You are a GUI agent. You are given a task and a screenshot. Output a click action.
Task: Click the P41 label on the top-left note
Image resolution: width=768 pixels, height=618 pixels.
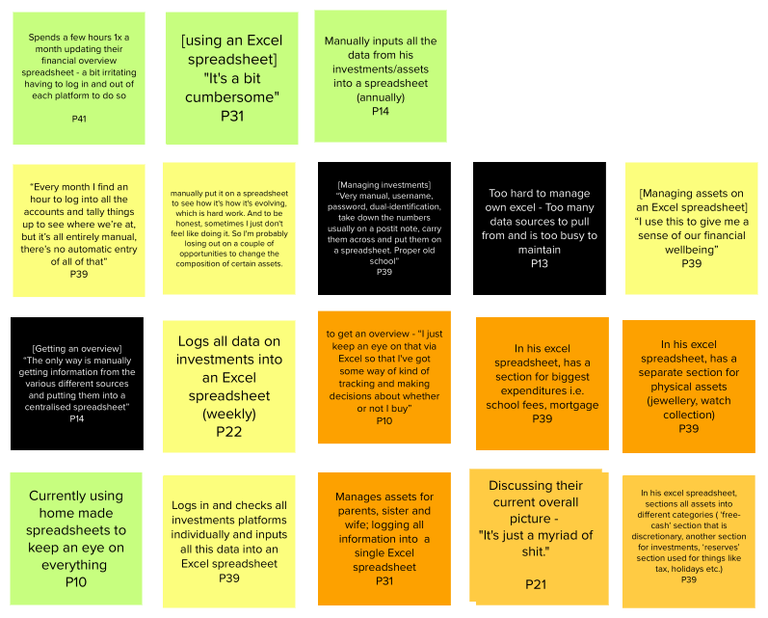79,118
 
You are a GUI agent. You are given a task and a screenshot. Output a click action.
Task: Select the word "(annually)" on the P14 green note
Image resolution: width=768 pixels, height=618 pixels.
380,97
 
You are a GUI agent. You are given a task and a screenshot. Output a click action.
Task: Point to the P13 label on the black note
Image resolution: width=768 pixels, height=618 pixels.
539,264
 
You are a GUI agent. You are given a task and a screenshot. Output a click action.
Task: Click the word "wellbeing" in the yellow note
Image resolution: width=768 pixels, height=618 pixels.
691,250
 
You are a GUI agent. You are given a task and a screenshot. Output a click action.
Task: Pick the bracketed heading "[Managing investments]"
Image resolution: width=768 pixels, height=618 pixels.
384,184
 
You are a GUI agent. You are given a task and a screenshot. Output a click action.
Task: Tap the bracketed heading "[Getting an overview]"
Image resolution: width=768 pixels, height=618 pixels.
77,347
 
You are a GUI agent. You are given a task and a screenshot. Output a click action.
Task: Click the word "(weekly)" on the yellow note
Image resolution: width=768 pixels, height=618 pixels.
228,414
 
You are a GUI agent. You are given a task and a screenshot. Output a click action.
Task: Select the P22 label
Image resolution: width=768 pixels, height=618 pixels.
228,432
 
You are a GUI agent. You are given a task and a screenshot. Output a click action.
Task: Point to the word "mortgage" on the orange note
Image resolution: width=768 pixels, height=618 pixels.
573,405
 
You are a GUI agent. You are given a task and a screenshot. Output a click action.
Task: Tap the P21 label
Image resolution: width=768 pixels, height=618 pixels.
537,584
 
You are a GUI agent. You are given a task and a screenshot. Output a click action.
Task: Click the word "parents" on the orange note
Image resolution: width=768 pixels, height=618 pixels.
358,511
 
